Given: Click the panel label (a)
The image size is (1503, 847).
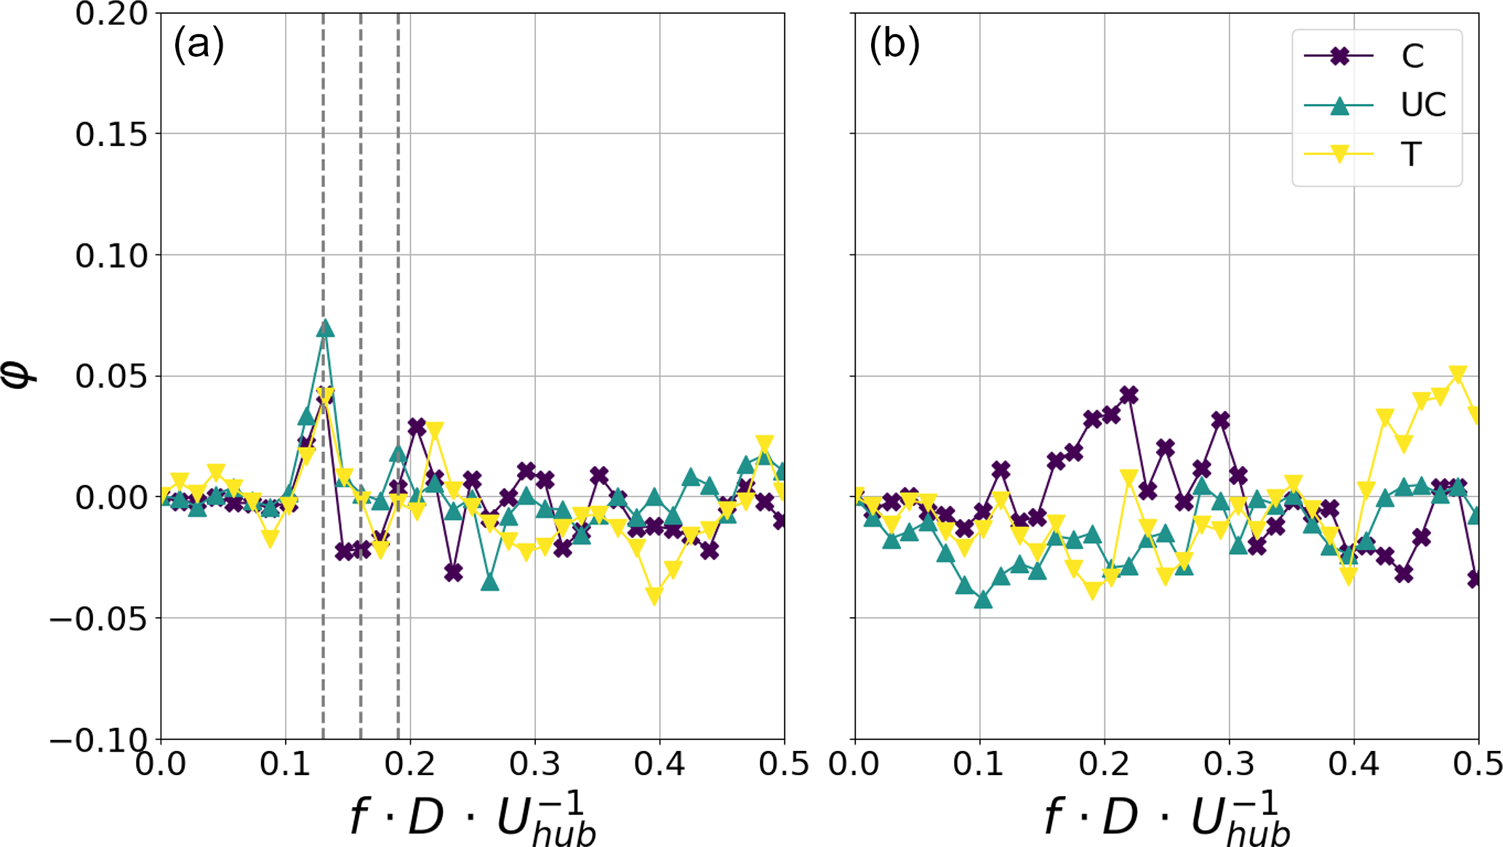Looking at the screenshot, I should point(199,45).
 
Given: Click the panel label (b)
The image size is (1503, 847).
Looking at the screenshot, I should point(894,45).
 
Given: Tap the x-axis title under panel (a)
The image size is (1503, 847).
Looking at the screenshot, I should point(473,818).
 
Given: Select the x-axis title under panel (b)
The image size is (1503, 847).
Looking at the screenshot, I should point(1167,818).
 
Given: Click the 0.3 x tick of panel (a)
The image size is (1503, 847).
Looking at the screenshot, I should point(534,764).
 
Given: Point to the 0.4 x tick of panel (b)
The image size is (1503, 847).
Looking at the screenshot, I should point(1354,764).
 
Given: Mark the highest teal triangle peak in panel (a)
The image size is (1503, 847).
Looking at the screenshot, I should point(325,329).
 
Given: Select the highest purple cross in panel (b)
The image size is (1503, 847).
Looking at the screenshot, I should point(1129,395).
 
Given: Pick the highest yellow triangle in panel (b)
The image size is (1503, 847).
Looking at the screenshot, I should point(1457,374).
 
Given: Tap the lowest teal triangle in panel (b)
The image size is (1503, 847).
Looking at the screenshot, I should point(983,600).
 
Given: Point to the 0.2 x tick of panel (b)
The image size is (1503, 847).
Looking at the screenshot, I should point(1104,764).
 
